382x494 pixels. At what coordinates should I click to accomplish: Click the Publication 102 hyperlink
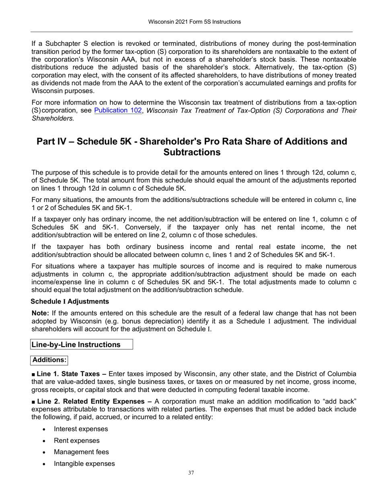pos(118,110)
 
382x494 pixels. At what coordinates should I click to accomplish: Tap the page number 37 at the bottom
pos(191,473)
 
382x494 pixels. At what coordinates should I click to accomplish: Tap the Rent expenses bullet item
pos(76,441)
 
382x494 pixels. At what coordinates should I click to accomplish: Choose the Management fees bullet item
pos(81,452)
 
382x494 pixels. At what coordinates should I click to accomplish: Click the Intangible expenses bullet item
pos(84,464)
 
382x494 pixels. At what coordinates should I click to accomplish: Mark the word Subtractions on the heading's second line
pos(192,152)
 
